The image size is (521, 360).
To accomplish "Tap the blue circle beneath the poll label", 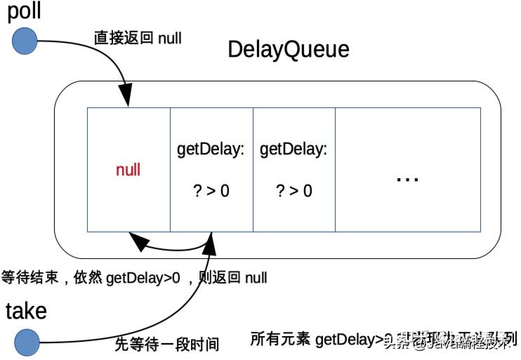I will [25, 41].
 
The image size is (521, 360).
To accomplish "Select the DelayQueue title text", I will [289, 51].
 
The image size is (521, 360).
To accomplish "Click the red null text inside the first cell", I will [128, 170].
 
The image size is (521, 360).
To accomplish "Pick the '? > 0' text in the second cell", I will [211, 191].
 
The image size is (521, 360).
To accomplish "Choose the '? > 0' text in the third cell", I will [294, 191].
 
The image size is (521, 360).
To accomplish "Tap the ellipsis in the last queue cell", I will [407, 178].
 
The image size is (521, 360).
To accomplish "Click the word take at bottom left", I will [26, 311].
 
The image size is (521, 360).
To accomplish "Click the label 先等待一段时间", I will [167, 345].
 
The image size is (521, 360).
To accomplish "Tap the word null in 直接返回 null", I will [169, 38].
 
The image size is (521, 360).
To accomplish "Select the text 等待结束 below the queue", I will [26, 278].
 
